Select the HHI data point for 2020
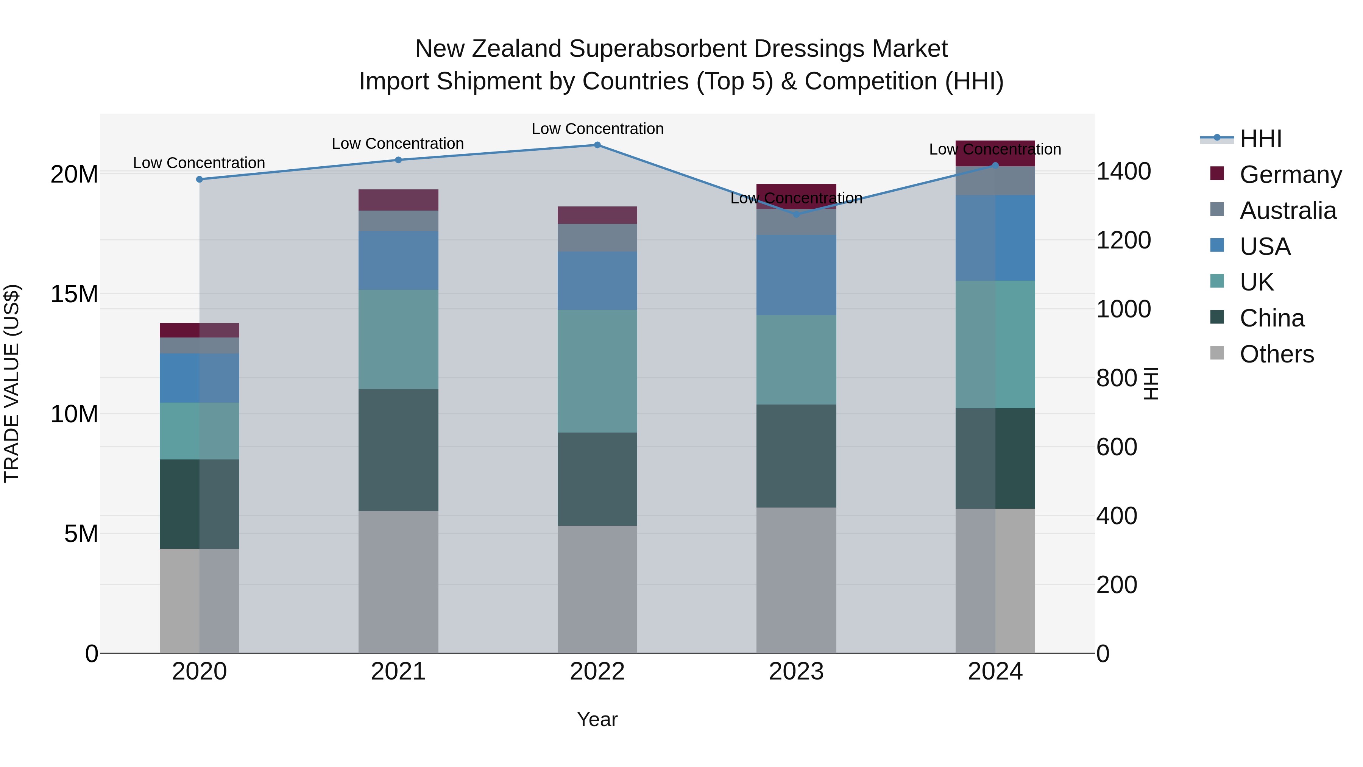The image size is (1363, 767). click(200, 180)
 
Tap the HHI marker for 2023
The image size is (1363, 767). click(796, 214)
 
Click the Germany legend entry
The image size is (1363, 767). click(1290, 175)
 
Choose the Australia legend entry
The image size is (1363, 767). click(1287, 211)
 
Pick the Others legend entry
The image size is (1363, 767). click(1276, 354)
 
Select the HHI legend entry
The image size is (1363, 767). click(1260, 139)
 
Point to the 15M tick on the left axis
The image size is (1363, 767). click(74, 294)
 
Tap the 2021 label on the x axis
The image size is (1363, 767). click(398, 672)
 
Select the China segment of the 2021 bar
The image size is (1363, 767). click(398, 450)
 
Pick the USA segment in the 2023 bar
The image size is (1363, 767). click(796, 275)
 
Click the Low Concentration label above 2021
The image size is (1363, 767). click(398, 144)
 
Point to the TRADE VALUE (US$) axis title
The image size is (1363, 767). click(12, 383)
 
